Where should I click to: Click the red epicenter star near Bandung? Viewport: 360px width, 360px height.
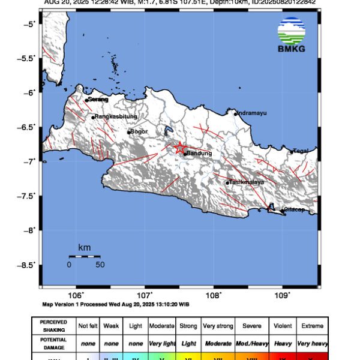180,148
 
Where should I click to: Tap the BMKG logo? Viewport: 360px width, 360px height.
291,37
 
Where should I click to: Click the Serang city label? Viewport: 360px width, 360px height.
98,100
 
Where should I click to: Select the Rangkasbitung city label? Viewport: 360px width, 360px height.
116,116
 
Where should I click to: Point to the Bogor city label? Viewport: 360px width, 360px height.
139,131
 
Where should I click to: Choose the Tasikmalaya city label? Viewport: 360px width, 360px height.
247,182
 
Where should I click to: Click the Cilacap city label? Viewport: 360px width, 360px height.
294,209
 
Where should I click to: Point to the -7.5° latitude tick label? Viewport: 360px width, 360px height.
28,196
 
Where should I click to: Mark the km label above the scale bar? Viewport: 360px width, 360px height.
84,248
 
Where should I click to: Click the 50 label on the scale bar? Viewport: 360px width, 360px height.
100,265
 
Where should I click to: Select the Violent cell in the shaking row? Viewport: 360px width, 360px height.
282,326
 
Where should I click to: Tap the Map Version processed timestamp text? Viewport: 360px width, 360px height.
116,304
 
